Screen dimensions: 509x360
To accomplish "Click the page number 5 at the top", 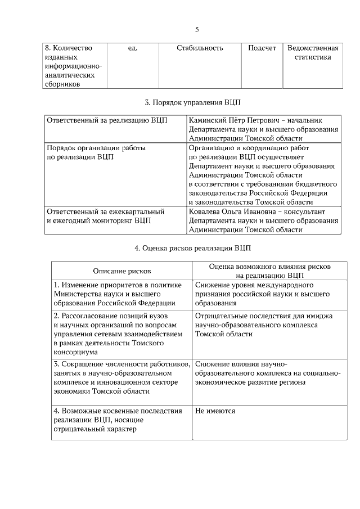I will click(197, 30).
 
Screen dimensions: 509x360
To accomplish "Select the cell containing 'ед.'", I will click(133, 48).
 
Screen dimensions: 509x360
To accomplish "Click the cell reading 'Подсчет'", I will click(262, 48).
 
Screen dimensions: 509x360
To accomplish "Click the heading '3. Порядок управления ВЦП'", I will click(192, 102).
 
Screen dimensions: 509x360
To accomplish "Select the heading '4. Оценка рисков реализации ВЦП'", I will click(192, 247).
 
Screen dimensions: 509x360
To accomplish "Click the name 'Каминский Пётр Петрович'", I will click(231, 120).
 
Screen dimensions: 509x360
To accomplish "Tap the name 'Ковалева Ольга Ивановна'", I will click(231, 211).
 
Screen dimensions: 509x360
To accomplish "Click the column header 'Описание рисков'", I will click(122, 271).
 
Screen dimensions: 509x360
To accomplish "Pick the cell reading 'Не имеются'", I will click(215, 411).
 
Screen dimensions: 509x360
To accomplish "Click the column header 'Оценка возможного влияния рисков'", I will click(270, 267).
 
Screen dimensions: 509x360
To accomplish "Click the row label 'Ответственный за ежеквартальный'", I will click(105, 211).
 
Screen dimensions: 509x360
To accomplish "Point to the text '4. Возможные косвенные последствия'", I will click(118, 411).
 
